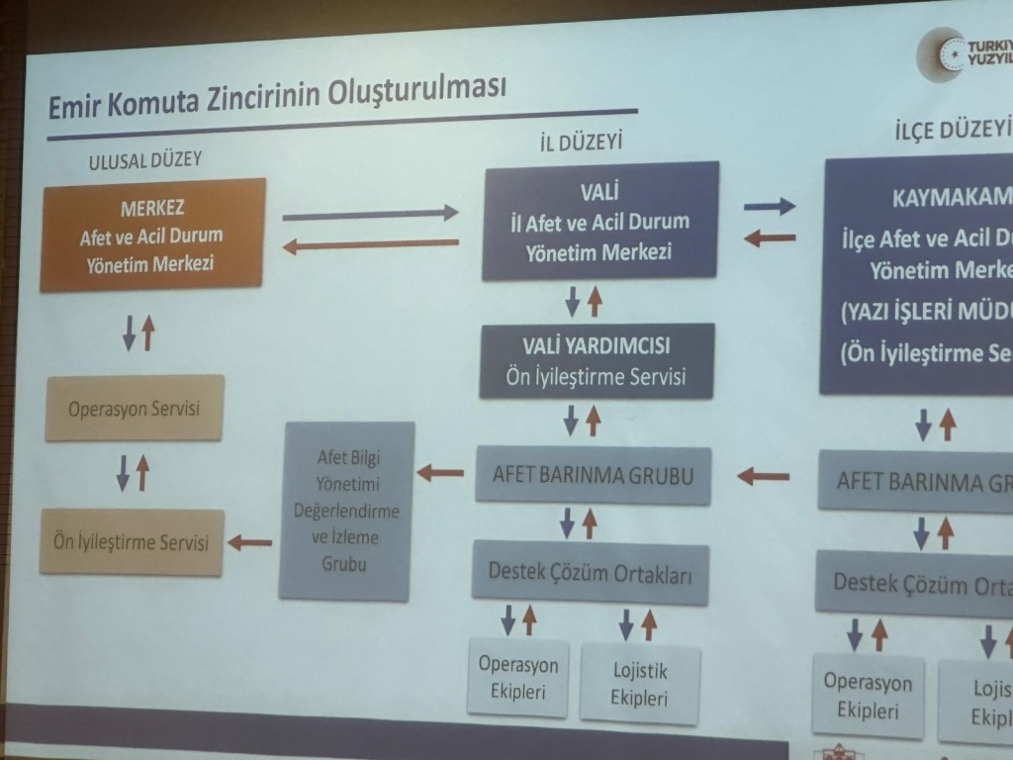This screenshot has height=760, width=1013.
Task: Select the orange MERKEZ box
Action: pyautogui.click(x=152, y=235)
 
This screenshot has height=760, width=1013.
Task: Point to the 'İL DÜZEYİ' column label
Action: pyautogui.click(x=581, y=143)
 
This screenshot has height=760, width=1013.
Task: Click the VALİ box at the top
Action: pyautogui.click(x=599, y=221)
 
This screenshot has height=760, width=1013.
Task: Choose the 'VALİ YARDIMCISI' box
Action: pyautogui.click(x=597, y=361)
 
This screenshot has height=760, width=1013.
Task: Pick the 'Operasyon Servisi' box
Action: pyautogui.click(x=134, y=408)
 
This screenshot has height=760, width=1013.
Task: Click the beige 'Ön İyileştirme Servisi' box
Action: pyautogui.click(x=131, y=541)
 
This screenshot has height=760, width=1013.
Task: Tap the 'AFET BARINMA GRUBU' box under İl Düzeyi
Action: pyautogui.click(x=593, y=475)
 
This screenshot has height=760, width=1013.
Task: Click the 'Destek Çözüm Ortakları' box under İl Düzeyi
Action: pyautogui.click(x=590, y=573)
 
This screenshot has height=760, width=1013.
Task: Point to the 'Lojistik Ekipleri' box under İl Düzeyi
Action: pyautogui.click(x=639, y=684)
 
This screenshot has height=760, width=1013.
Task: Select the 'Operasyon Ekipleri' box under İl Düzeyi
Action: pyautogui.click(x=517, y=679)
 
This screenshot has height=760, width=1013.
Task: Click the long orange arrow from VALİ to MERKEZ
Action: pyautogui.click(x=370, y=243)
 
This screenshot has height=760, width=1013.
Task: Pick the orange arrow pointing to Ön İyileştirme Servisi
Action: pyautogui.click(x=250, y=541)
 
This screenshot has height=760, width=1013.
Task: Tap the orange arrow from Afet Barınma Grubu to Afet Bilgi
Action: pyautogui.click(x=440, y=473)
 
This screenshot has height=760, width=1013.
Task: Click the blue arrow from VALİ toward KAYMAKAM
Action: pyautogui.click(x=769, y=206)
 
